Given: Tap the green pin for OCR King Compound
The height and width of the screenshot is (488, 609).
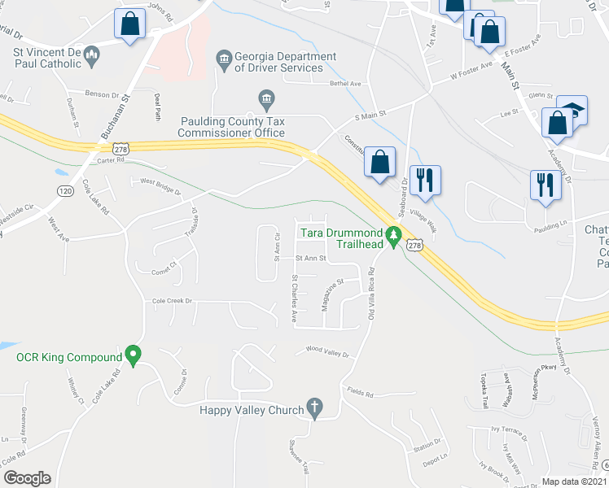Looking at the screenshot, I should click(x=134, y=355).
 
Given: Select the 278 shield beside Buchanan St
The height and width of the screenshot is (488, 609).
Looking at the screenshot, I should click(x=121, y=149).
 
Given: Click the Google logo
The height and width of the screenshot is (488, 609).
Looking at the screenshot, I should click(x=26, y=478).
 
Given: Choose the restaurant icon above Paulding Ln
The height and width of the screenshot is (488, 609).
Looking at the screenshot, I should click(x=544, y=185).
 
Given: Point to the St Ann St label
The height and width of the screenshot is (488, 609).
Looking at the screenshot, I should click(x=310, y=259).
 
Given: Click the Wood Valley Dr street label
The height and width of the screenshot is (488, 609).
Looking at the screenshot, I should click(x=326, y=352).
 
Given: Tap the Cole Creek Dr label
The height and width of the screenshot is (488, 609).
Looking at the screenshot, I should click(x=172, y=301).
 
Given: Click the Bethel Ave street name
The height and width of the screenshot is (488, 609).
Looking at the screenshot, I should click(x=344, y=84).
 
